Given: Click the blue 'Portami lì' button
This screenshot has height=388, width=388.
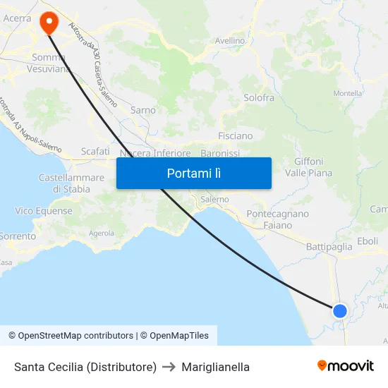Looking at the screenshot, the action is pos(193,173).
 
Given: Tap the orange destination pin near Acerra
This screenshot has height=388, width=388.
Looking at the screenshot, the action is pos(49,22).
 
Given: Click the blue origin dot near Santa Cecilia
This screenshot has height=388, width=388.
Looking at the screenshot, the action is pos(340,310).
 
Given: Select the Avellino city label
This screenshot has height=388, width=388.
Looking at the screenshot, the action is pos(230,41).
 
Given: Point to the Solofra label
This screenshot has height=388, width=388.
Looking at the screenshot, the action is pos(258,98).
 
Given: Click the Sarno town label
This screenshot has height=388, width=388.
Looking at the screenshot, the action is pos(143,110).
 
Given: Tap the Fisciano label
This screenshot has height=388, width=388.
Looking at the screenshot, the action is pos(236,135).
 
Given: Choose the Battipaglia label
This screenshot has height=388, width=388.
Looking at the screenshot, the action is pos(329,247).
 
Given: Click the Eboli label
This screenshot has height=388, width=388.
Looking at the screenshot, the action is pos(368,241).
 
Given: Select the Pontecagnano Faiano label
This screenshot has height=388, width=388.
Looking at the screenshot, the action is pos(278,219).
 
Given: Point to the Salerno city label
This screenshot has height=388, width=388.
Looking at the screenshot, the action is pos(214,200).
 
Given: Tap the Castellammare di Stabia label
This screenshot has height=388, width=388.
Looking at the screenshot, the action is pos(64,183).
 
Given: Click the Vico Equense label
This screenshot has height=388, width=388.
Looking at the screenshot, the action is pos(44,211).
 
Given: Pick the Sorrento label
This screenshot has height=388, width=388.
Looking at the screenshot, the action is pos(17,236).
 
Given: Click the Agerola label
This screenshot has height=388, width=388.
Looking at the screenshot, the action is pos(102,233).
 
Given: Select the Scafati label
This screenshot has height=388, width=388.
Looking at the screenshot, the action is pos(95,152).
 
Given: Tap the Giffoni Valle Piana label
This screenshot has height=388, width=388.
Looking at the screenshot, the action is pos(308,167).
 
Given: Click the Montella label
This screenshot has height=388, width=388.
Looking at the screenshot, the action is pos(347,93).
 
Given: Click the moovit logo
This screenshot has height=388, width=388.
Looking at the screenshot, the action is pos(345,366).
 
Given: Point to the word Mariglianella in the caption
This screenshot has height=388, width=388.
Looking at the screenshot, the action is pos(215,367).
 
